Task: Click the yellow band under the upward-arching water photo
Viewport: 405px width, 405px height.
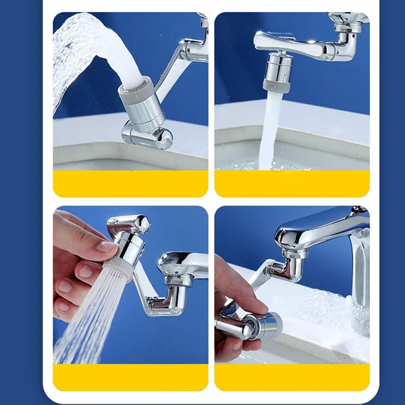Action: tap(130, 183)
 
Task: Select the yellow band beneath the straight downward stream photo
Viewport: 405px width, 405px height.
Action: tap(292, 183)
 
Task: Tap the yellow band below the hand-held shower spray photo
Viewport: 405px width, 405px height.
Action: tap(130, 377)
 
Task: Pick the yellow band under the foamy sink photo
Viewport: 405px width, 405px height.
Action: tap(292, 377)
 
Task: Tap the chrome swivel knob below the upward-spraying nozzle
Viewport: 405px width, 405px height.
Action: tap(147, 136)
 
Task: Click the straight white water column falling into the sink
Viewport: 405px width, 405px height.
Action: tap(271, 128)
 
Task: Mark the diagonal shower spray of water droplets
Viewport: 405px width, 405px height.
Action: tap(84, 314)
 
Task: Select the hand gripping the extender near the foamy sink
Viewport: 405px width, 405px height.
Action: tap(233, 297)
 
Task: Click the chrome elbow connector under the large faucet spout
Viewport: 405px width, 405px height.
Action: tap(290, 267)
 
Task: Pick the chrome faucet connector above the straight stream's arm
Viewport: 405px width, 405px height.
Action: tap(348, 27)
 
